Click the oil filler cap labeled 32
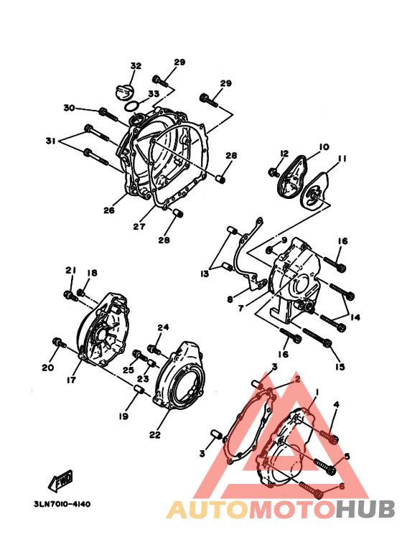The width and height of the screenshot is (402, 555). pyautogui.click(x=125, y=93)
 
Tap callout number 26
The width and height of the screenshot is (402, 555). pyautogui.click(x=109, y=210)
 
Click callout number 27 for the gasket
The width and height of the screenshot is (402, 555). pyautogui.click(x=139, y=226)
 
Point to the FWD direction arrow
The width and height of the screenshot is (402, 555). pyautogui.click(x=61, y=480)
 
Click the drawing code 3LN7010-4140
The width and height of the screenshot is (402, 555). pyautogui.click(x=62, y=504)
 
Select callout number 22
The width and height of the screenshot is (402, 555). pyautogui.click(x=154, y=434)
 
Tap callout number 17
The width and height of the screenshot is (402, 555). pyautogui.click(x=71, y=380)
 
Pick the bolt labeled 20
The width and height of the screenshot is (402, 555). pyautogui.click(x=59, y=342)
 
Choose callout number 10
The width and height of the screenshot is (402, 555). pyautogui.click(x=324, y=146)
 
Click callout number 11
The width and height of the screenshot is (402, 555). pyautogui.click(x=342, y=159)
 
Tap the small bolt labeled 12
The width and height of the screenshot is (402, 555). pyautogui.click(x=274, y=173)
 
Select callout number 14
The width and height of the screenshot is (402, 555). pyautogui.click(x=355, y=317)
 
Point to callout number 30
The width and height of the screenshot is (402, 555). pyautogui.click(x=69, y=107)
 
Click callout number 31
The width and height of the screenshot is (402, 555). pyautogui.click(x=51, y=141)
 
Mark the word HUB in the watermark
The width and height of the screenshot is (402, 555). pyautogui.click(x=365, y=509)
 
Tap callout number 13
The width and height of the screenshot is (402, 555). pyautogui.click(x=205, y=274)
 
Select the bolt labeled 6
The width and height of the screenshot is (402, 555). pyautogui.click(x=311, y=490)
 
